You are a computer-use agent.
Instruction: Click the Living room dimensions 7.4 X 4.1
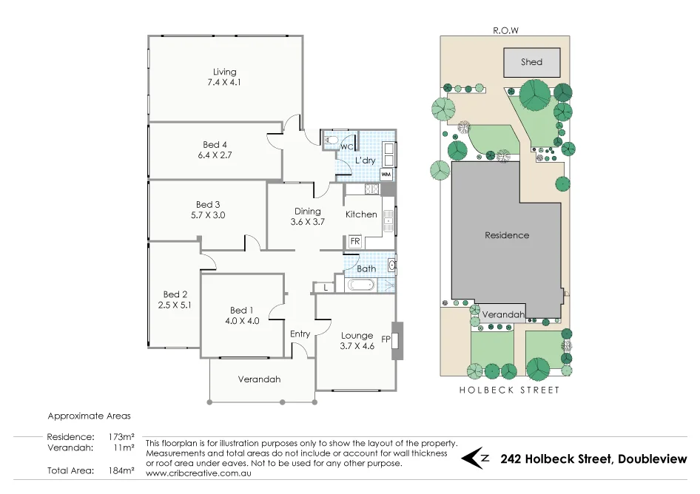point(224,83)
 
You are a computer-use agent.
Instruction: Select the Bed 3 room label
point(208,205)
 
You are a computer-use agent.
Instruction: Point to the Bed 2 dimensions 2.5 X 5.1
point(175,304)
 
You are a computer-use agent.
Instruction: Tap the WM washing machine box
point(386,175)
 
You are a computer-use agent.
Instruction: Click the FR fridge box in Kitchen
point(354,241)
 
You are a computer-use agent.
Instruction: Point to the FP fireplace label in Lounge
point(386,339)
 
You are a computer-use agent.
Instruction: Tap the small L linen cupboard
point(325,287)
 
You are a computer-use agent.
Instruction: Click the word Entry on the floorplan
point(300,334)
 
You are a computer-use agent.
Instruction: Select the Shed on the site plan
point(531,63)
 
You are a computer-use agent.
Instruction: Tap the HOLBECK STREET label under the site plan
point(509,390)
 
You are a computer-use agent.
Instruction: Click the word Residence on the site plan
point(507,235)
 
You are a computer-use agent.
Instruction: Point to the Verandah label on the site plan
point(503,314)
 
